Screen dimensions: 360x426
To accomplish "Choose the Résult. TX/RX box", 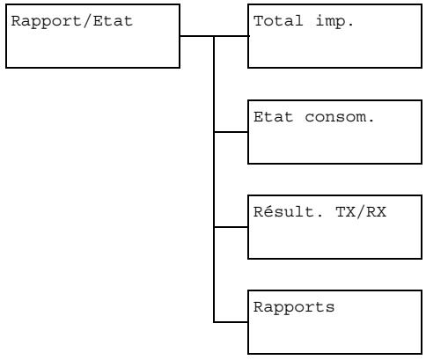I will (x=335, y=227).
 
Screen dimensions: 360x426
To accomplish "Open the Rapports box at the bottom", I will (x=335, y=321).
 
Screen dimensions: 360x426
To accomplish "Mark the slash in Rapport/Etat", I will (x=57, y=20).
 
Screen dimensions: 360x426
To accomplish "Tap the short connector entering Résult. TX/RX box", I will (x=231, y=227).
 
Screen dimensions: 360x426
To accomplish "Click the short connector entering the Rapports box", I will (x=231, y=321).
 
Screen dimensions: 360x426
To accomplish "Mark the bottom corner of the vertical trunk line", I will (x=215, y=321).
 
